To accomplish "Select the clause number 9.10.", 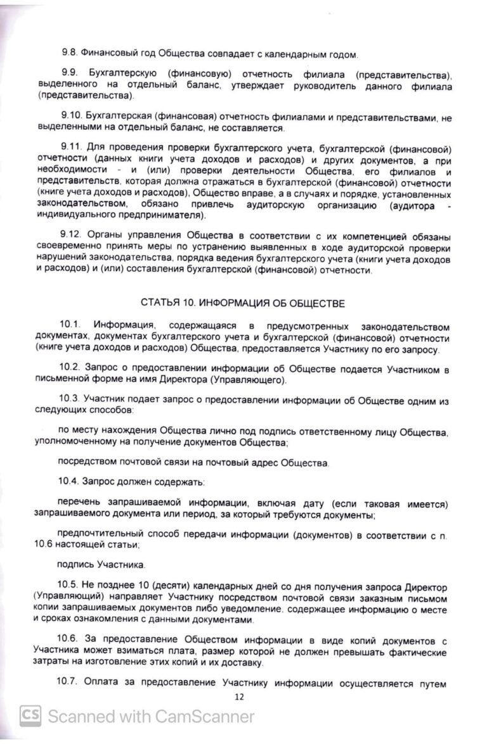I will point(71,118).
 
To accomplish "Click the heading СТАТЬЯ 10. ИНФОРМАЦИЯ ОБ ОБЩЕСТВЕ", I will point(243,303).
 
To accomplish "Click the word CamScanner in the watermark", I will point(206,717).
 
